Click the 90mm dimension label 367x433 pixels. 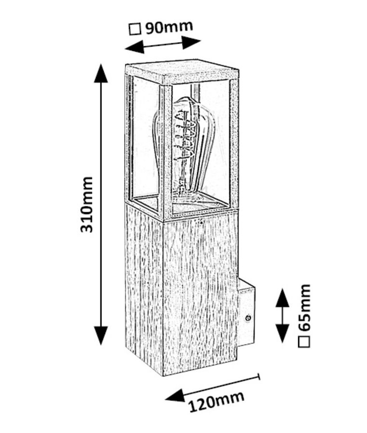(x=169, y=27)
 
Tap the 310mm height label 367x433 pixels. (x=87, y=204)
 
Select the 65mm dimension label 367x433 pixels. (x=304, y=307)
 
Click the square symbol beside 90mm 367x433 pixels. (x=135, y=29)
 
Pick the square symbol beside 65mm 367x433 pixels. (x=304, y=342)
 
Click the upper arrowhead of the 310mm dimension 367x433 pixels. (x=101, y=73)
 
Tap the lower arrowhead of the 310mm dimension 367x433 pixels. (x=101, y=335)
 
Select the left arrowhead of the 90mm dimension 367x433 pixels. (x=135, y=47)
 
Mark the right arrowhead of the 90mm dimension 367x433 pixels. (x=191, y=42)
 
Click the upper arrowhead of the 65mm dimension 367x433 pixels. (x=282, y=298)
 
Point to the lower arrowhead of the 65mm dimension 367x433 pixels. (x=282, y=334)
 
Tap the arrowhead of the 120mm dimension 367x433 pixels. (x=175, y=395)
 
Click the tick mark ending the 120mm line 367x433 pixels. (x=259, y=377)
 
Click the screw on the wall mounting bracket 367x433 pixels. (x=248, y=318)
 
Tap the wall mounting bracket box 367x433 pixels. (x=246, y=312)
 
